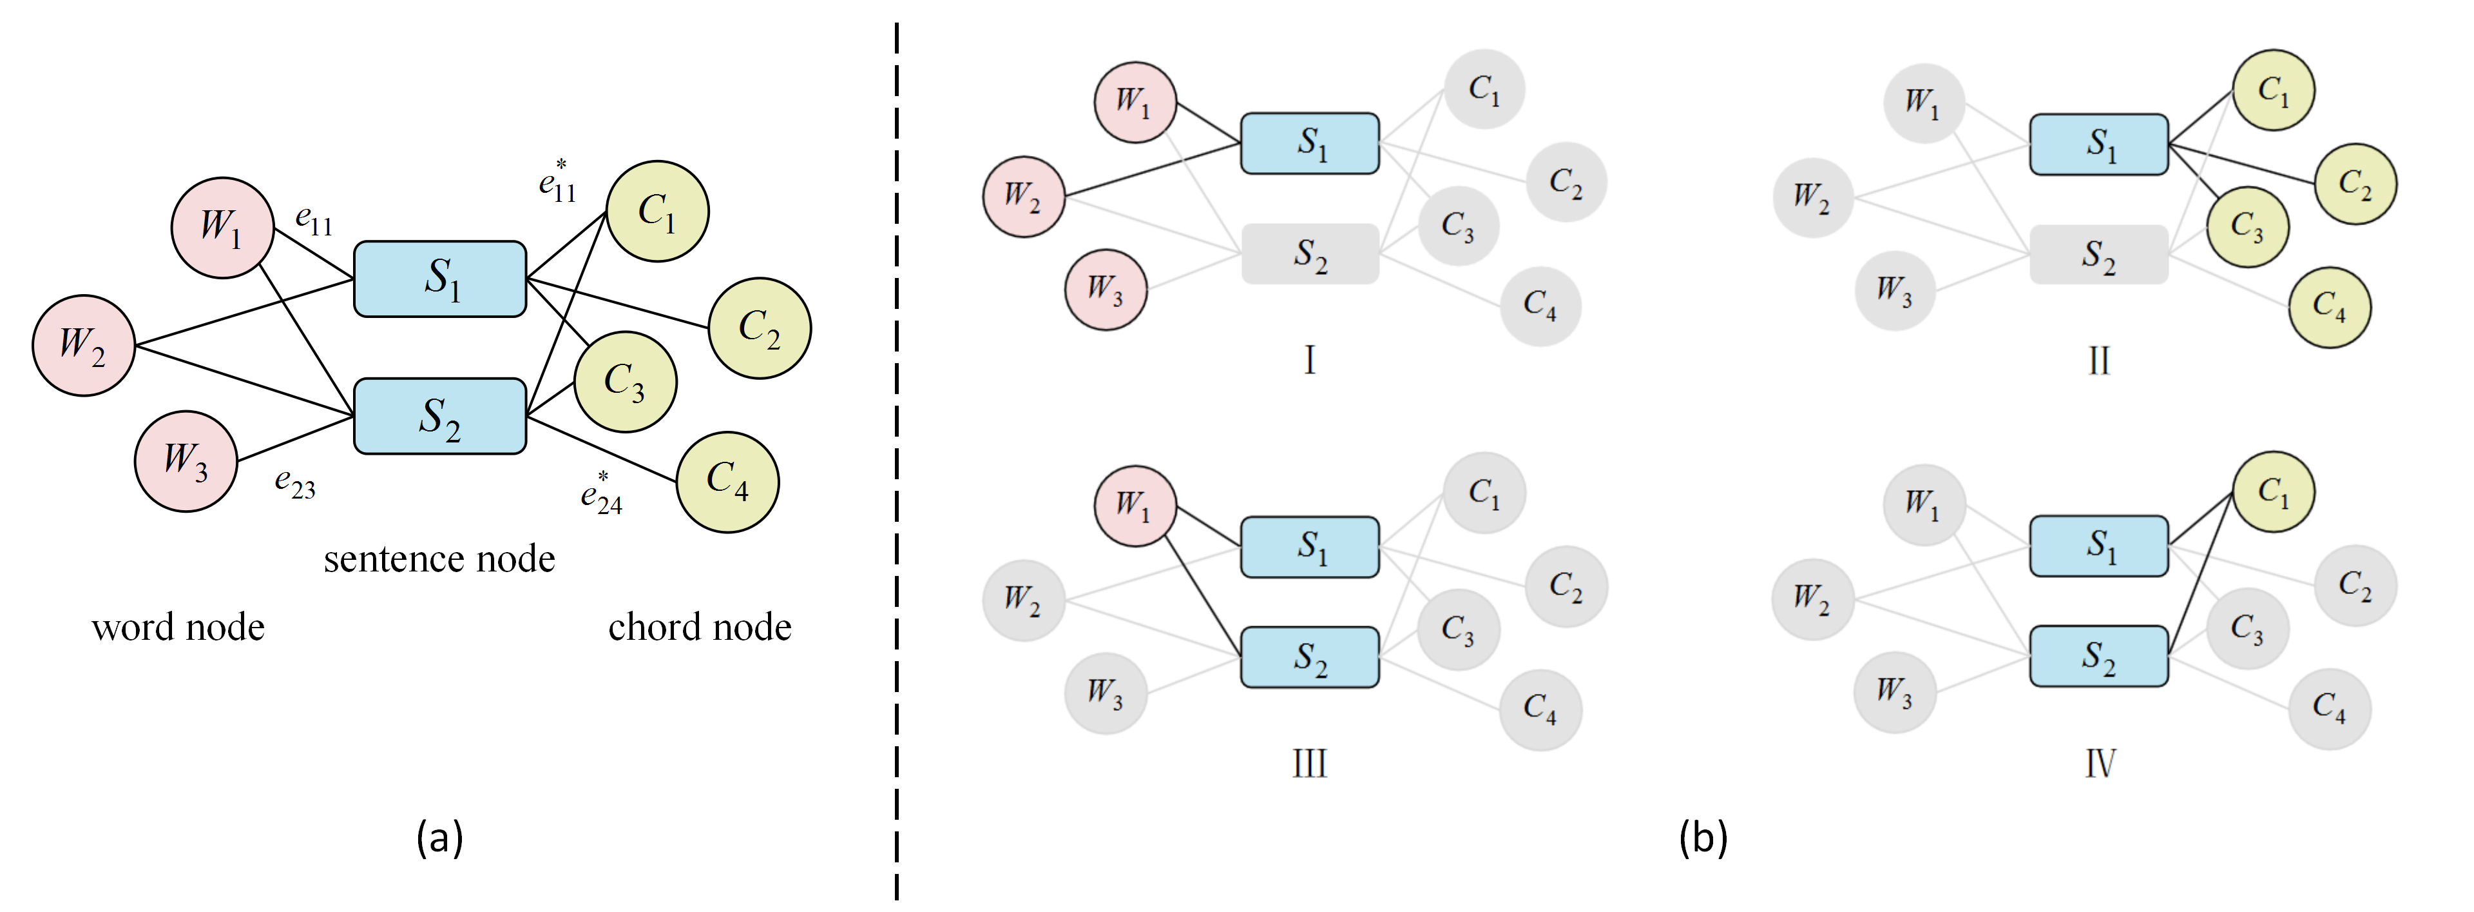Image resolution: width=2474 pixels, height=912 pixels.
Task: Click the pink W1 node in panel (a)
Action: tap(223, 228)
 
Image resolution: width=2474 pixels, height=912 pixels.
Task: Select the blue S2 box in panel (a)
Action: tap(440, 416)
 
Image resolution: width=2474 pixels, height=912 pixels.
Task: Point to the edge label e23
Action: tap(295, 482)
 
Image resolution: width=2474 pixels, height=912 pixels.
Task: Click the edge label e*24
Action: tap(601, 493)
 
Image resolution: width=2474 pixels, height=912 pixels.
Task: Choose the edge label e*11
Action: tap(558, 181)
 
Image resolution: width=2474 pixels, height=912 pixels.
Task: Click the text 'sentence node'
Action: tap(439, 559)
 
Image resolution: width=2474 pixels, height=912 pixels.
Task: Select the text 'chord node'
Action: tap(700, 626)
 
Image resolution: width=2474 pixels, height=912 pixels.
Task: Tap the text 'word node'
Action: tap(178, 626)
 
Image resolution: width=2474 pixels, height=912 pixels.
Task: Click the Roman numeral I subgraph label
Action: tap(1309, 361)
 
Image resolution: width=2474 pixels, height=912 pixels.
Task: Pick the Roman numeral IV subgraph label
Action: tap(2100, 764)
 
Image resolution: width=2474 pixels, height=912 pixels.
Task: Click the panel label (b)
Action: tap(1703, 837)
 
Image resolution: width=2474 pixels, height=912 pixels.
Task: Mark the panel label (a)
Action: tap(440, 837)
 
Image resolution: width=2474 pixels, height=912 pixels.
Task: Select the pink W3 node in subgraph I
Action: tap(1106, 289)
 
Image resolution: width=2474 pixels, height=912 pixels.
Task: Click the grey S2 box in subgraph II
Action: tap(2098, 255)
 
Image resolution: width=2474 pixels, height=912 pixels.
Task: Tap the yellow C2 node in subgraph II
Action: tap(2355, 184)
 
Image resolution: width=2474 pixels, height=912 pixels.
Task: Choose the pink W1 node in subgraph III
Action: tap(1135, 506)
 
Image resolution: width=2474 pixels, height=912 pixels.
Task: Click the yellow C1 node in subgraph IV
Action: tap(2272, 492)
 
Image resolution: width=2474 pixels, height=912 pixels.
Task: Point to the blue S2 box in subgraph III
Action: tap(1310, 657)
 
